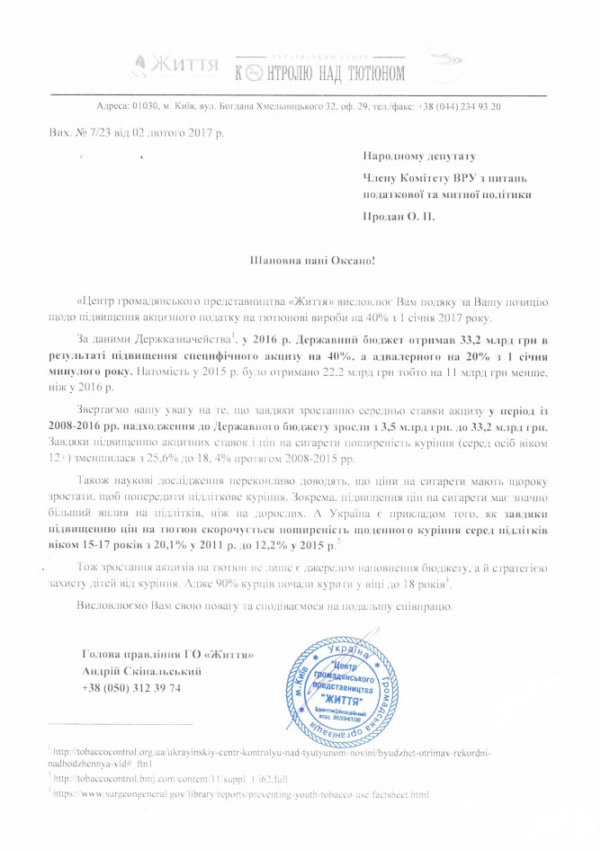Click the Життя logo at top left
click(176, 67)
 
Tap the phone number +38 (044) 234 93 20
click(456, 106)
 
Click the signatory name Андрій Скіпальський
click(141, 670)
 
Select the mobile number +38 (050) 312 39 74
click(131, 687)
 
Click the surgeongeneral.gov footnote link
click(243, 794)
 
